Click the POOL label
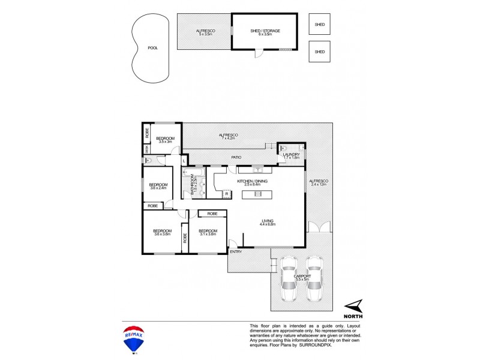(x=153, y=48)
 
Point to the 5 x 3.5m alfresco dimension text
(x=206, y=35)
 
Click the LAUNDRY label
(x=292, y=154)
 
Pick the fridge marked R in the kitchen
(x=226, y=193)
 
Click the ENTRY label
(x=236, y=253)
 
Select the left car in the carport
(x=289, y=279)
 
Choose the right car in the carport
(x=314, y=279)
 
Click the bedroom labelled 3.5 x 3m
(x=166, y=140)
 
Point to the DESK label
(x=146, y=151)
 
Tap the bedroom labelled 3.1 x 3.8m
(x=208, y=232)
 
